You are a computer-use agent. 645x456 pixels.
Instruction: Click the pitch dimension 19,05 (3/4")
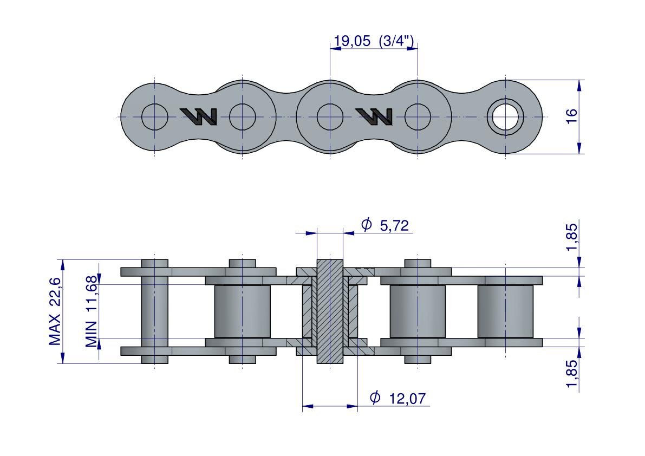pos(374,41)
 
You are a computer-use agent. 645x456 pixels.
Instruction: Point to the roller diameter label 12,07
pos(407,399)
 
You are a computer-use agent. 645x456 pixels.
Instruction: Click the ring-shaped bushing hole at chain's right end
pos(505,116)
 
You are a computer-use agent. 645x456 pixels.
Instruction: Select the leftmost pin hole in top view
pos(155,116)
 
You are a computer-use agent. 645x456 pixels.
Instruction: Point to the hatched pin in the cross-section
pos(330,312)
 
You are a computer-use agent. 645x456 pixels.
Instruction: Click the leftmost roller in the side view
pos(242,311)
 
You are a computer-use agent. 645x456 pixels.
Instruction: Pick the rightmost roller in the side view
pos(505,311)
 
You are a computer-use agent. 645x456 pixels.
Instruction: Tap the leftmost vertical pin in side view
pos(155,311)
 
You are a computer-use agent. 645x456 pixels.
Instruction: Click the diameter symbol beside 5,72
pos(367,225)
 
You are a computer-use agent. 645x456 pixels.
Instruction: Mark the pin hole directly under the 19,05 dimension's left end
pos(330,116)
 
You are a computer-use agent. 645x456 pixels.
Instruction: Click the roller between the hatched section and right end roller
pos(418,311)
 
